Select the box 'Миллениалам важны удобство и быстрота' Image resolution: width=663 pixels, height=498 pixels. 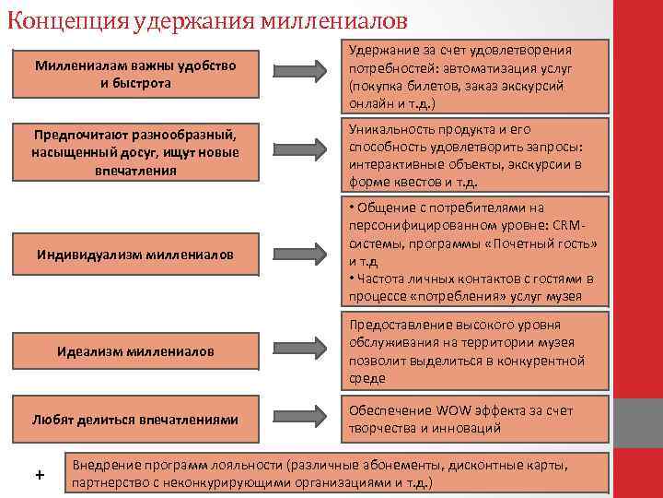135,74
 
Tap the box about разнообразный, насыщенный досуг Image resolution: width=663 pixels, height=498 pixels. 135,153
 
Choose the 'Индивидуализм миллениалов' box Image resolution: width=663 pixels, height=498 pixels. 135,254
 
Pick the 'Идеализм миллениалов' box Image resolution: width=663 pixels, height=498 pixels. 135,351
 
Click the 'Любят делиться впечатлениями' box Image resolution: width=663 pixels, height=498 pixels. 135,420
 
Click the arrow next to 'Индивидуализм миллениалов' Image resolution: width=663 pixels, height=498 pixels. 312,253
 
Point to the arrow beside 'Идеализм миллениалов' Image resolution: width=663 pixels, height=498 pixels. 312,347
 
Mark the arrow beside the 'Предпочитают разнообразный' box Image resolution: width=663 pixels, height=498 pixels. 312,148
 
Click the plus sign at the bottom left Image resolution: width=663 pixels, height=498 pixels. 39,474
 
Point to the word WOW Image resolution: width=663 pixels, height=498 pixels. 457,410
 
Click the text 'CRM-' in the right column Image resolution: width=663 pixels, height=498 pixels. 572,225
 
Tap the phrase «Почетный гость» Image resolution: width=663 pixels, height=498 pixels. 544,243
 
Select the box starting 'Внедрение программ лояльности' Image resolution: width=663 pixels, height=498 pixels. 338,473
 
